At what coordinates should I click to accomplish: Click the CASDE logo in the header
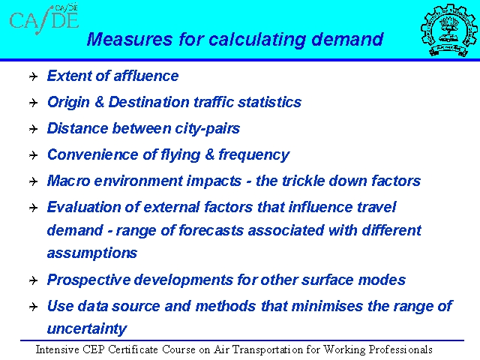(44, 19)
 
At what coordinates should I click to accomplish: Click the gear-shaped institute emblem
(448, 30)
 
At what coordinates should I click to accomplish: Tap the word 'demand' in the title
(347, 39)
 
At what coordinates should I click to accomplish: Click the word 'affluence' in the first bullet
(146, 76)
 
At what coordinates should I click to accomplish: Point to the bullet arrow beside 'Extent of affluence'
(33, 76)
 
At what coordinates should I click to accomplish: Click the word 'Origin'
(68, 103)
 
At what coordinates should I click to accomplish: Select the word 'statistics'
(270, 102)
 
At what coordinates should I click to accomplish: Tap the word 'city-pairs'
(207, 129)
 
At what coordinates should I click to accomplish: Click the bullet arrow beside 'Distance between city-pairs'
(33, 129)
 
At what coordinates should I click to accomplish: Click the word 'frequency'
(253, 155)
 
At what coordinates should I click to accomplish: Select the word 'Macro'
(68, 181)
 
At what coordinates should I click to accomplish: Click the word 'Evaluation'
(84, 207)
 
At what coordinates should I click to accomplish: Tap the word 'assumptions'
(92, 253)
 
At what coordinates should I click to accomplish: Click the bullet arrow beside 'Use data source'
(33, 307)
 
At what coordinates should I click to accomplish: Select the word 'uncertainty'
(87, 329)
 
